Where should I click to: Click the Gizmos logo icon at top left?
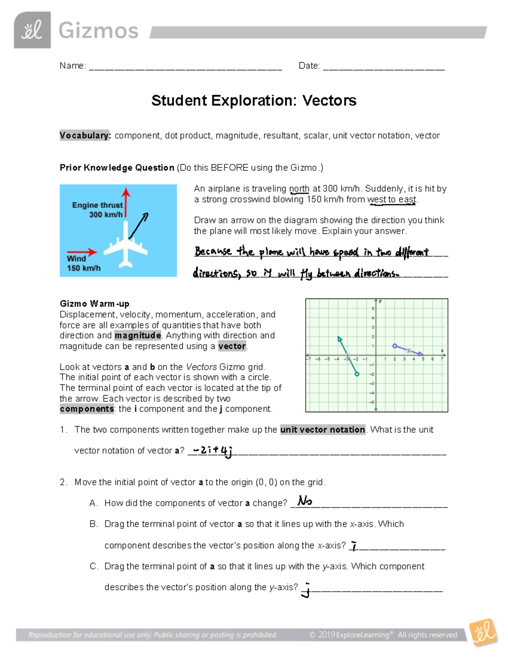click(x=32, y=30)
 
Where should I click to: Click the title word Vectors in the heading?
click(x=329, y=101)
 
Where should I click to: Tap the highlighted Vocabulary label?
click(x=85, y=135)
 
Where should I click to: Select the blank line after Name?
click(x=185, y=67)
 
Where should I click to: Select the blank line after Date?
click(x=384, y=67)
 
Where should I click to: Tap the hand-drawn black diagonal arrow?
click(x=138, y=226)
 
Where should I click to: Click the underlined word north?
click(x=299, y=189)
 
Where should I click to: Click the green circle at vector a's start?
click(x=357, y=374)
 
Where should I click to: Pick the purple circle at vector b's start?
click(x=395, y=346)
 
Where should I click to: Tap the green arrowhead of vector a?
click(x=339, y=338)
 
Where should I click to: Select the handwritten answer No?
click(x=305, y=501)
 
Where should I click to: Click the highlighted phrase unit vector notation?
click(x=323, y=430)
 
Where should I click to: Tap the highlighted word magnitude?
click(x=138, y=335)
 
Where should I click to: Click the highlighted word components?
click(x=87, y=409)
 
